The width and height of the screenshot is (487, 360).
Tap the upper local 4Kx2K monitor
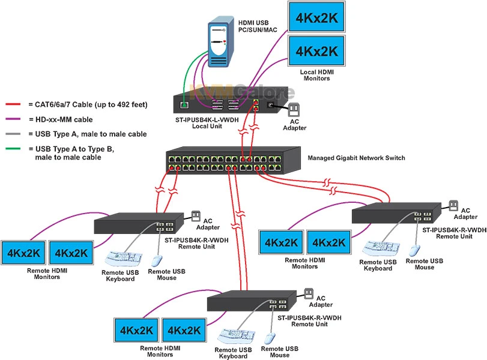316,17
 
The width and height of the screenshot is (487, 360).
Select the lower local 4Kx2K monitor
316,50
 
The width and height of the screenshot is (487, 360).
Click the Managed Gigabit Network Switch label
356,158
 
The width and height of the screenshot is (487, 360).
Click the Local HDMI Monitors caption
317,75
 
